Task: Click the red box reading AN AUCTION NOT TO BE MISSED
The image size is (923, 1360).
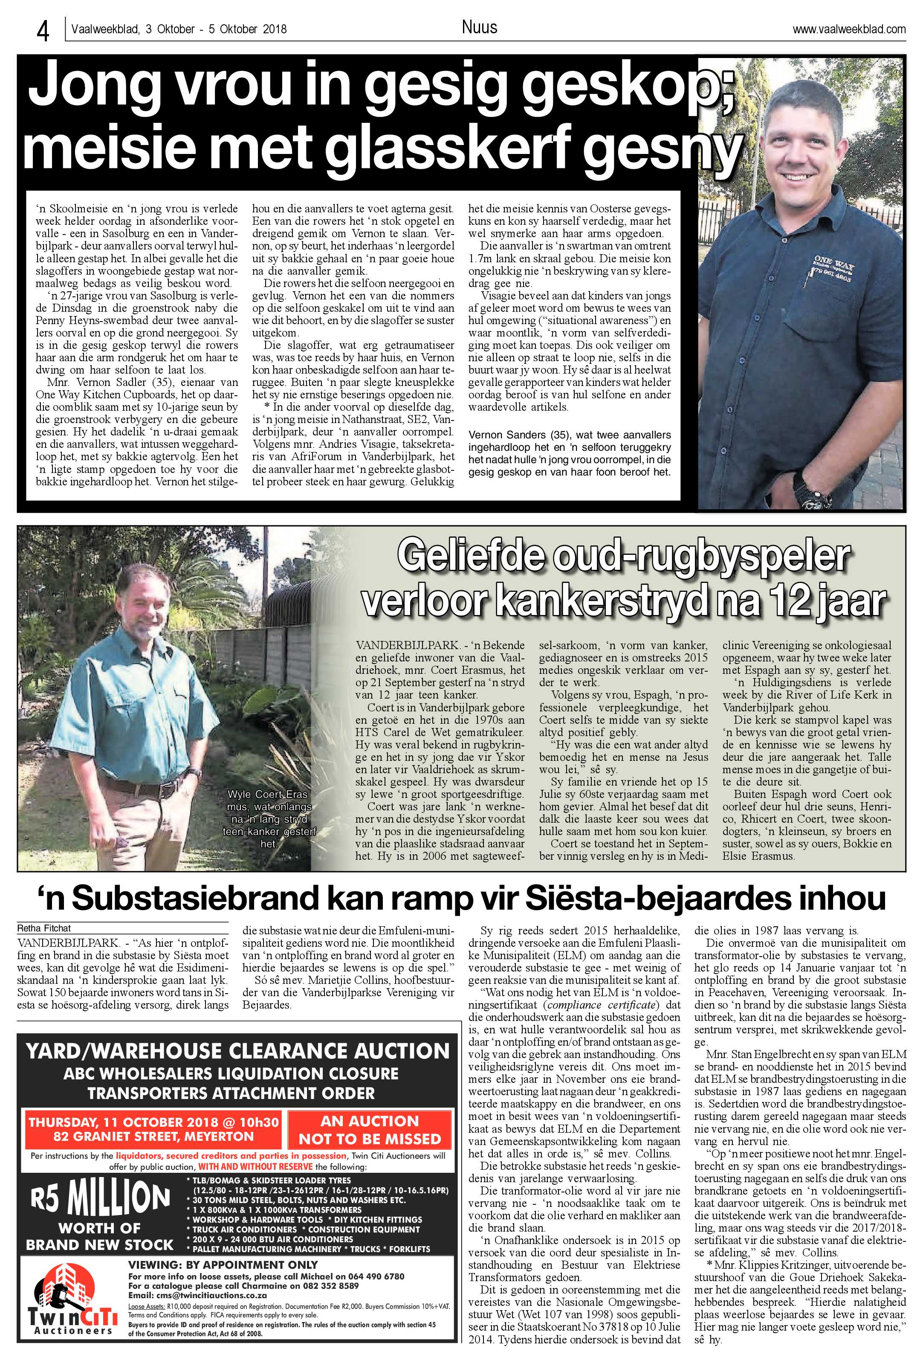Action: point(369,1130)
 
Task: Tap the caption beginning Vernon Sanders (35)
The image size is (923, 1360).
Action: point(570,453)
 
